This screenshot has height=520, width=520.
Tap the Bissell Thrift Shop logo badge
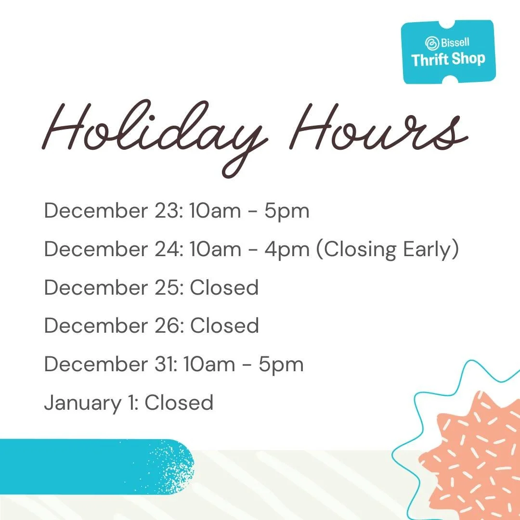pyautogui.click(x=448, y=52)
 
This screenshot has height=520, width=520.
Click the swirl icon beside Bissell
pyautogui.click(x=432, y=42)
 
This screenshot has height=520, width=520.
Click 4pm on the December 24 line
pyautogui.click(x=286, y=249)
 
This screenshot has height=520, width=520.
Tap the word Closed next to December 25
pyautogui.click(x=224, y=287)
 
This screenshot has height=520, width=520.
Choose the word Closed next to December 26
pyautogui.click(x=224, y=326)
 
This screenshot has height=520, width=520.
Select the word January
pyautogui.click(x=82, y=403)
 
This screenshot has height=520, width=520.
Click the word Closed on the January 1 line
pyautogui.click(x=179, y=403)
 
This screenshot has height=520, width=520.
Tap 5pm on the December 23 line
pyautogui.click(x=286, y=211)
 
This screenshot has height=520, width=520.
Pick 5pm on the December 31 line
pyautogui.click(x=281, y=364)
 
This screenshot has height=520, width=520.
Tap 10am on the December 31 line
pyautogui.click(x=210, y=364)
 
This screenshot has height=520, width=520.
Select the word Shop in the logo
pyautogui.click(x=468, y=59)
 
